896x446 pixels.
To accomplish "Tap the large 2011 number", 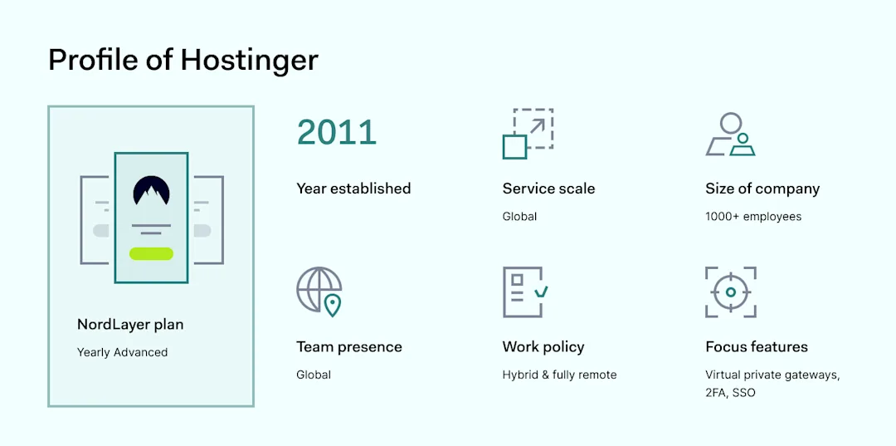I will pos(337,132).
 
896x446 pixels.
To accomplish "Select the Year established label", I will pos(353,189).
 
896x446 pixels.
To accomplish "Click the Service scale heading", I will pos(548,189).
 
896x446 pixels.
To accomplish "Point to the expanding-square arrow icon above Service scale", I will pos(528,133).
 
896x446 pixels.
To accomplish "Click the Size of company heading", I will pos(762,189).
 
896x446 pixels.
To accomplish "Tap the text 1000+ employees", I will pos(753,217).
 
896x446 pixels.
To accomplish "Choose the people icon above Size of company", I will pos(731,135).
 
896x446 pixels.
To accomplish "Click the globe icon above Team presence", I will pos(319,291).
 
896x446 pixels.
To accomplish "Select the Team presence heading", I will pos(349,347).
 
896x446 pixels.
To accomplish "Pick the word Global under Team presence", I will pos(314,375).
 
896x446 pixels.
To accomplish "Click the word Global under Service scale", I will pos(519,217).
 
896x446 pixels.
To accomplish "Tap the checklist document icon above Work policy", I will pos(524,292).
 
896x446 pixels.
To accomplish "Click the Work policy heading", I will pos(543,347).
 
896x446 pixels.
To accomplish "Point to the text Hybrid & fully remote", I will pos(559,375).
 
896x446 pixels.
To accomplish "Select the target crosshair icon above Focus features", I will pos(731,292).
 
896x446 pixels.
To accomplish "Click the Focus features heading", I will pos(757,347).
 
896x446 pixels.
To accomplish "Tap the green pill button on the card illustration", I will pos(151,253).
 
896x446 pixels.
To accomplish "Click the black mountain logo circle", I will pos(151,192).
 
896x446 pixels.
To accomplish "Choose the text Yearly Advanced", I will pos(122,352).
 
